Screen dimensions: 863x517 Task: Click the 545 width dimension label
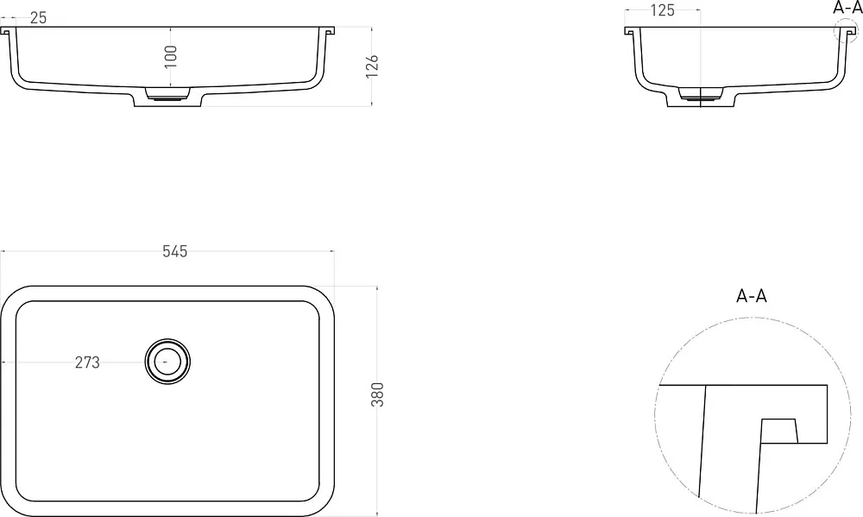pyautogui.click(x=175, y=252)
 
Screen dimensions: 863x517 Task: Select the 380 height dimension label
pyautogui.click(x=378, y=394)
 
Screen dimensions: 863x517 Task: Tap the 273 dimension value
pyautogui.click(x=87, y=363)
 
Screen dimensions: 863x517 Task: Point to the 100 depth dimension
pyautogui.click(x=171, y=57)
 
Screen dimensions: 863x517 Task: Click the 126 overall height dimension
pyautogui.click(x=373, y=66)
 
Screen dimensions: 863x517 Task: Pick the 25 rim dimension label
pyautogui.click(x=39, y=17)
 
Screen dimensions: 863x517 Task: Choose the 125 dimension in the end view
pyautogui.click(x=663, y=10)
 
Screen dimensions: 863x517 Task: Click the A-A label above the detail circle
pyautogui.click(x=752, y=296)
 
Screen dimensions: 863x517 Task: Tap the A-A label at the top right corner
pyautogui.click(x=847, y=7)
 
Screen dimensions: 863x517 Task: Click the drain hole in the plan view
pyautogui.click(x=167, y=361)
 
